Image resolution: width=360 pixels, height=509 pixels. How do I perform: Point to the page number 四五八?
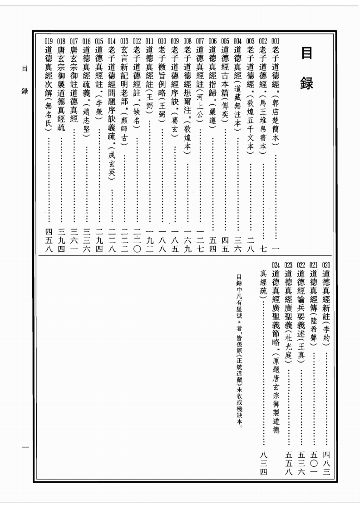[49, 240]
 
